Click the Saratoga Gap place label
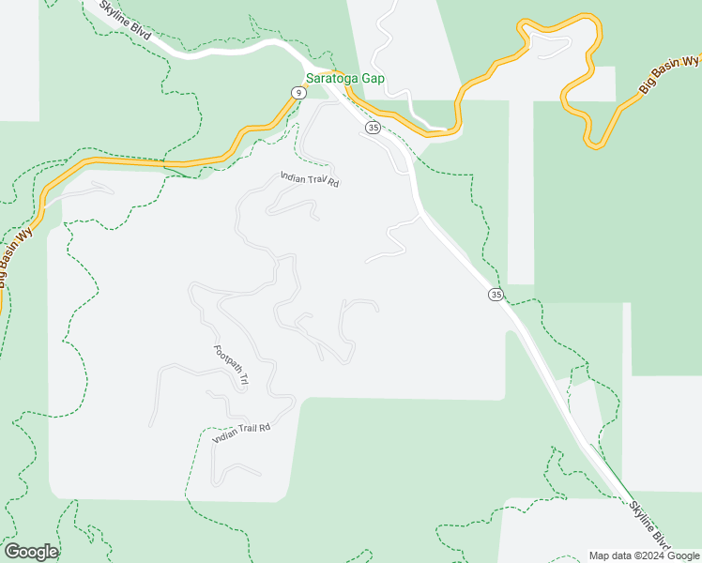[x=346, y=79]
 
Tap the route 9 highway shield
[x=298, y=92]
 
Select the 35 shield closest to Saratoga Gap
[x=373, y=127]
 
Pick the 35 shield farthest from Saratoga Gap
[x=496, y=295]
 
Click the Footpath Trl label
[x=231, y=366]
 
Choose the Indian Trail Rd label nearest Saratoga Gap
[x=309, y=179]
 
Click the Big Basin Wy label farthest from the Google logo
[x=670, y=74]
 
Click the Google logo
[x=31, y=552]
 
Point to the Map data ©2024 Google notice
[x=644, y=555]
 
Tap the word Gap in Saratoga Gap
[x=375, y=79]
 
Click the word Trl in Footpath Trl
[x=242, y=380]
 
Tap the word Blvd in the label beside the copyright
[x=663, y=538]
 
